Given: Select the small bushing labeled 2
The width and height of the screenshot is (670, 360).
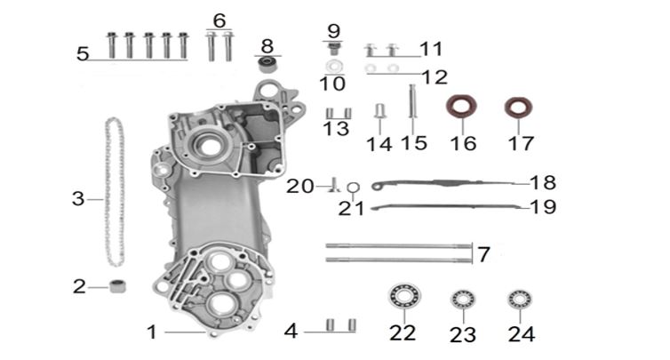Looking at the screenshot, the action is pos(117,286).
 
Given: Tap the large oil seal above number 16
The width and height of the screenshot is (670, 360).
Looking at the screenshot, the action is pos(461,107).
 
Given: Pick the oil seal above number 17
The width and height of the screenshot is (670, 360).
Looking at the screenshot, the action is pos(518,108).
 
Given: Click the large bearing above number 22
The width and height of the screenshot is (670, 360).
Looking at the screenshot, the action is pos(404,296).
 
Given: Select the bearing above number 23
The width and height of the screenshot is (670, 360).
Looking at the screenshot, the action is pos(463,300).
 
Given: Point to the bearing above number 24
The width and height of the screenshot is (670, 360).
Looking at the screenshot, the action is pos(520,300).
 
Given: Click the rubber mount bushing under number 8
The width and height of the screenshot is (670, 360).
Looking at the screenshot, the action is pos(268,65).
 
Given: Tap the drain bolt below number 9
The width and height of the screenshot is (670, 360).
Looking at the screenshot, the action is pos(333,48).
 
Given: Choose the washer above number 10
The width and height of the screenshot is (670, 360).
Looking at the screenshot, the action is pos(333,67).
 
